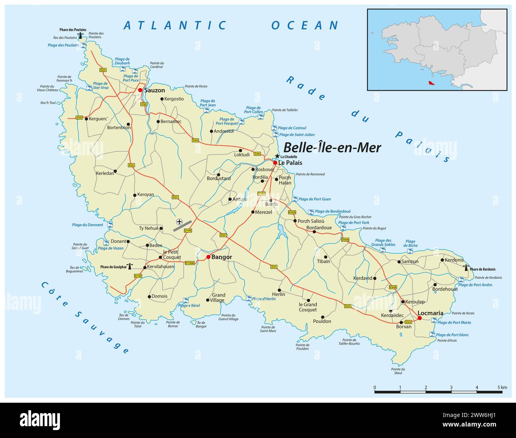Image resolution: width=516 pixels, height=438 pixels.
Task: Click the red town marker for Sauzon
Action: pyautogui.click(x=140, y=90)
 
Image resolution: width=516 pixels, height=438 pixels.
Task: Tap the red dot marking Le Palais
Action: pyautogui.click(x=275, y=163)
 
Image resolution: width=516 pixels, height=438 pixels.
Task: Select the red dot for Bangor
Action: pyautogui.click(x=208, y=257)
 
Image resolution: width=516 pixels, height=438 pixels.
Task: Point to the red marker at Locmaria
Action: pyautogui.click(x=420, y=318)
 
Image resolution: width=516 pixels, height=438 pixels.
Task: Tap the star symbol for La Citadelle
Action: pyautogui.click(x=277, y=156)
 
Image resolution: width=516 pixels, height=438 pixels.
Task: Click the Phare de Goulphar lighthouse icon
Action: pyautogui.click(x=130, y=266)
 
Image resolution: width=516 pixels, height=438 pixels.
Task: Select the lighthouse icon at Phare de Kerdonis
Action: pyautogui.click(x=466, y=268)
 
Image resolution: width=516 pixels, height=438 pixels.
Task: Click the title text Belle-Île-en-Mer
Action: pyautogui.click(x=332, y=147)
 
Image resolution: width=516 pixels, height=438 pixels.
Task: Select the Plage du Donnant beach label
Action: pyautogui.click(x=87, y=225)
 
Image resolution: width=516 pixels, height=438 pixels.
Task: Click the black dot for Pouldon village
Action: pyautogui.click(x=323, y=317)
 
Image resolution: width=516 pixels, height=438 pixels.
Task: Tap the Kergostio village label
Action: pyautogui.click(x=174, y=99)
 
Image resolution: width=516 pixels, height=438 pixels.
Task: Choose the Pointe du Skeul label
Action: pyautogui.click(x=398, y=371)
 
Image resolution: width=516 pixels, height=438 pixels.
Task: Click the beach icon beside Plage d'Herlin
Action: pyautogui.click(x=249, y=299)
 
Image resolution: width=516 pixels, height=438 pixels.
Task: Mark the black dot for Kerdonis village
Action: pyautogui.click(x=442, y=260)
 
